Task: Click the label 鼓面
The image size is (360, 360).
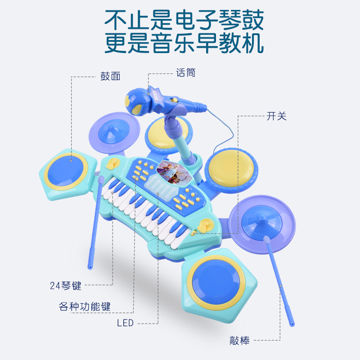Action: [110, 76]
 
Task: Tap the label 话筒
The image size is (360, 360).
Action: [185, 72]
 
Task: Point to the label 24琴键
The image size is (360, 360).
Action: [66, 285]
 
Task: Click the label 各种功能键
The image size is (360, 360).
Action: [85, 307]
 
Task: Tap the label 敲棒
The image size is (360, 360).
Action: [239, 340]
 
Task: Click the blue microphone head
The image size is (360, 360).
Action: [136, 101]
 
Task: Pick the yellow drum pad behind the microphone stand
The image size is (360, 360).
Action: [162, 132]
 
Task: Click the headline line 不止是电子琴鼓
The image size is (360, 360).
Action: [184, 20]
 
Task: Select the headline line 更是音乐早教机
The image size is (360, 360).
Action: [184, 44]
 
